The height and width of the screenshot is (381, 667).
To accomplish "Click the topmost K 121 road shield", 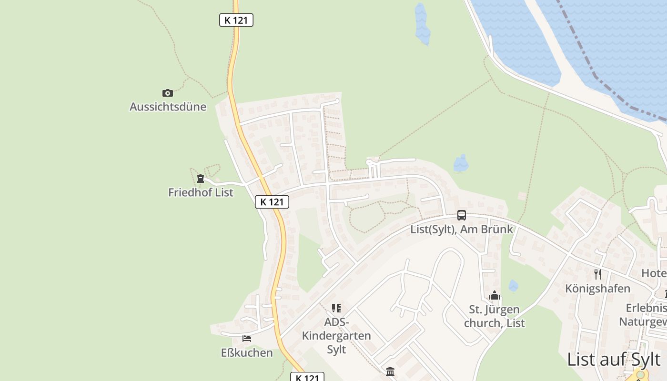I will tap(236, 20).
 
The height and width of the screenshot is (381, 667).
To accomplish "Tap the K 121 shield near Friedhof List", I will tap(272, 202).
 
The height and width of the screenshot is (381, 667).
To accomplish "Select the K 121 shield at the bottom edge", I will tap(307, 378).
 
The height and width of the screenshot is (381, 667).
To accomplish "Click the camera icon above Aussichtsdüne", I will tap(168, 93).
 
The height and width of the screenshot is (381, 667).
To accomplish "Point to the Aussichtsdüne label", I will tap(168, 107).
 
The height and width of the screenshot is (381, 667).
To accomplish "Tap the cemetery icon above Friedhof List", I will tap(201, 179).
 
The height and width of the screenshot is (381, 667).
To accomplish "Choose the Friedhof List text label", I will tap(201, 192).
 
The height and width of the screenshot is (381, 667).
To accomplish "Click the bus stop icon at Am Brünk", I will tap(462, 215).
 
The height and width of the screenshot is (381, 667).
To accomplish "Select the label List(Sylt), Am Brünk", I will tap(462, 229).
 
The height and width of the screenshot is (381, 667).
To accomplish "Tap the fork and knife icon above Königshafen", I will tap(598, 274).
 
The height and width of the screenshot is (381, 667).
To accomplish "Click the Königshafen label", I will tap(597, 289).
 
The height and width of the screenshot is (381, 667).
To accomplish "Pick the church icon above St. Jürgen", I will tap(495, 296).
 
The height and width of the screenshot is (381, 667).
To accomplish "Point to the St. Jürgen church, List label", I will tap(495, 316).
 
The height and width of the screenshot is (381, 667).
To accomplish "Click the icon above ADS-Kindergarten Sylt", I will tap(336, 308).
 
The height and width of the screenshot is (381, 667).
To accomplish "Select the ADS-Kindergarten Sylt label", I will tap(336, 336).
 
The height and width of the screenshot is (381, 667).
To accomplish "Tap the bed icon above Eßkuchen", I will tap(247, 339).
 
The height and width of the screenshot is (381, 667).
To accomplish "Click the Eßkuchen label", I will tap(247, 353).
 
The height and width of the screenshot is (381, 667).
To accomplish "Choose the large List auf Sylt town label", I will tap(614, 360).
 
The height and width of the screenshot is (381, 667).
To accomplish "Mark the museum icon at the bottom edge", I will tap(390, 371).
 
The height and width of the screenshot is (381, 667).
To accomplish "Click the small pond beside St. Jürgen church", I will tap(513, 286).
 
